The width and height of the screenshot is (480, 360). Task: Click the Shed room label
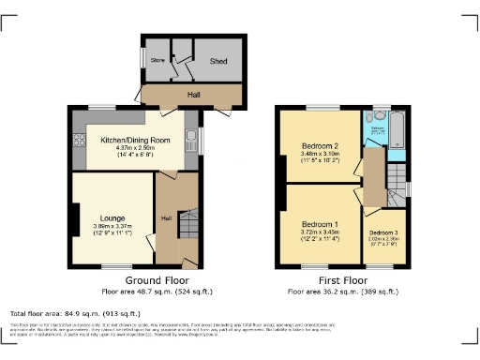click(x=218, y=62)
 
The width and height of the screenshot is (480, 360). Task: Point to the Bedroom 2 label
click(x=320, y=146)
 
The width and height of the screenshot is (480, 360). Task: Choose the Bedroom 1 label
click(x=320, y=225)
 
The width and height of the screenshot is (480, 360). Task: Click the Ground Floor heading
click(x=156, y=279)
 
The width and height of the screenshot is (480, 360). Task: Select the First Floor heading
click(x=342, y=279)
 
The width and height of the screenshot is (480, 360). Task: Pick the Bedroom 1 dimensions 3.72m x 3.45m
click(x=320, y=233)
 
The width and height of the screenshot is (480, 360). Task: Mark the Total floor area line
click(x=75, y=313)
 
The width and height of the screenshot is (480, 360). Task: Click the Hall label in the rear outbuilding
click(x=193, y=95)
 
